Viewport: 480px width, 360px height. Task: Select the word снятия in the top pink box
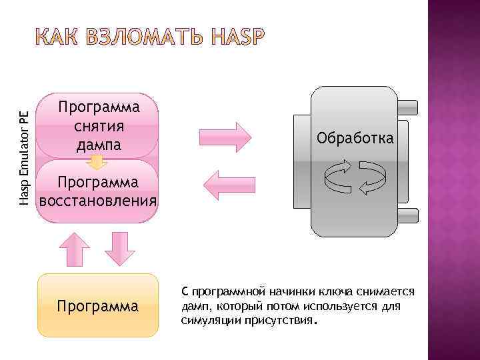pyautogui.click(x=98, y=125)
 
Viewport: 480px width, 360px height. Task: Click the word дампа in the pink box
pyautogui.click(x=98, y=143)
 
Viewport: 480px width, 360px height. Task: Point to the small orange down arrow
pyautogui.click(x=98, y=161)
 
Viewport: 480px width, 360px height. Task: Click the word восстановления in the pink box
pyautogui.click(x=98, y=200)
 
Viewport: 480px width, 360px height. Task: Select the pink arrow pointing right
pyautogui.click(x=227, y=137)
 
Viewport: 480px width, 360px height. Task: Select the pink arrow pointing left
pyautogui.click(x=227, y=183)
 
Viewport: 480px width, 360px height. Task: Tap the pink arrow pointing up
pyautogui.click(x=75, y=249)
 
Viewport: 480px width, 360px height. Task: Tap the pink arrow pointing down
pyautogui.click(x=120, y=249)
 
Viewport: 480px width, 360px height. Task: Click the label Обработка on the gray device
pyautogui.click(x=355, y=139)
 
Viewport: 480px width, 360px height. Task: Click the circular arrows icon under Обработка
pyautogui.click(x=355, y=177)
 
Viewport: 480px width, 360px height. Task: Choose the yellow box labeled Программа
pyautogui.click(x=98, y=306)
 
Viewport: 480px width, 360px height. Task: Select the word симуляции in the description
pyautogui.click(x=206, y=320)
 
